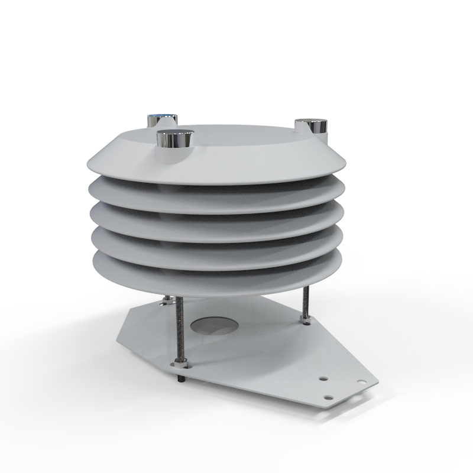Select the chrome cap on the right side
(x=312, y=125)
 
